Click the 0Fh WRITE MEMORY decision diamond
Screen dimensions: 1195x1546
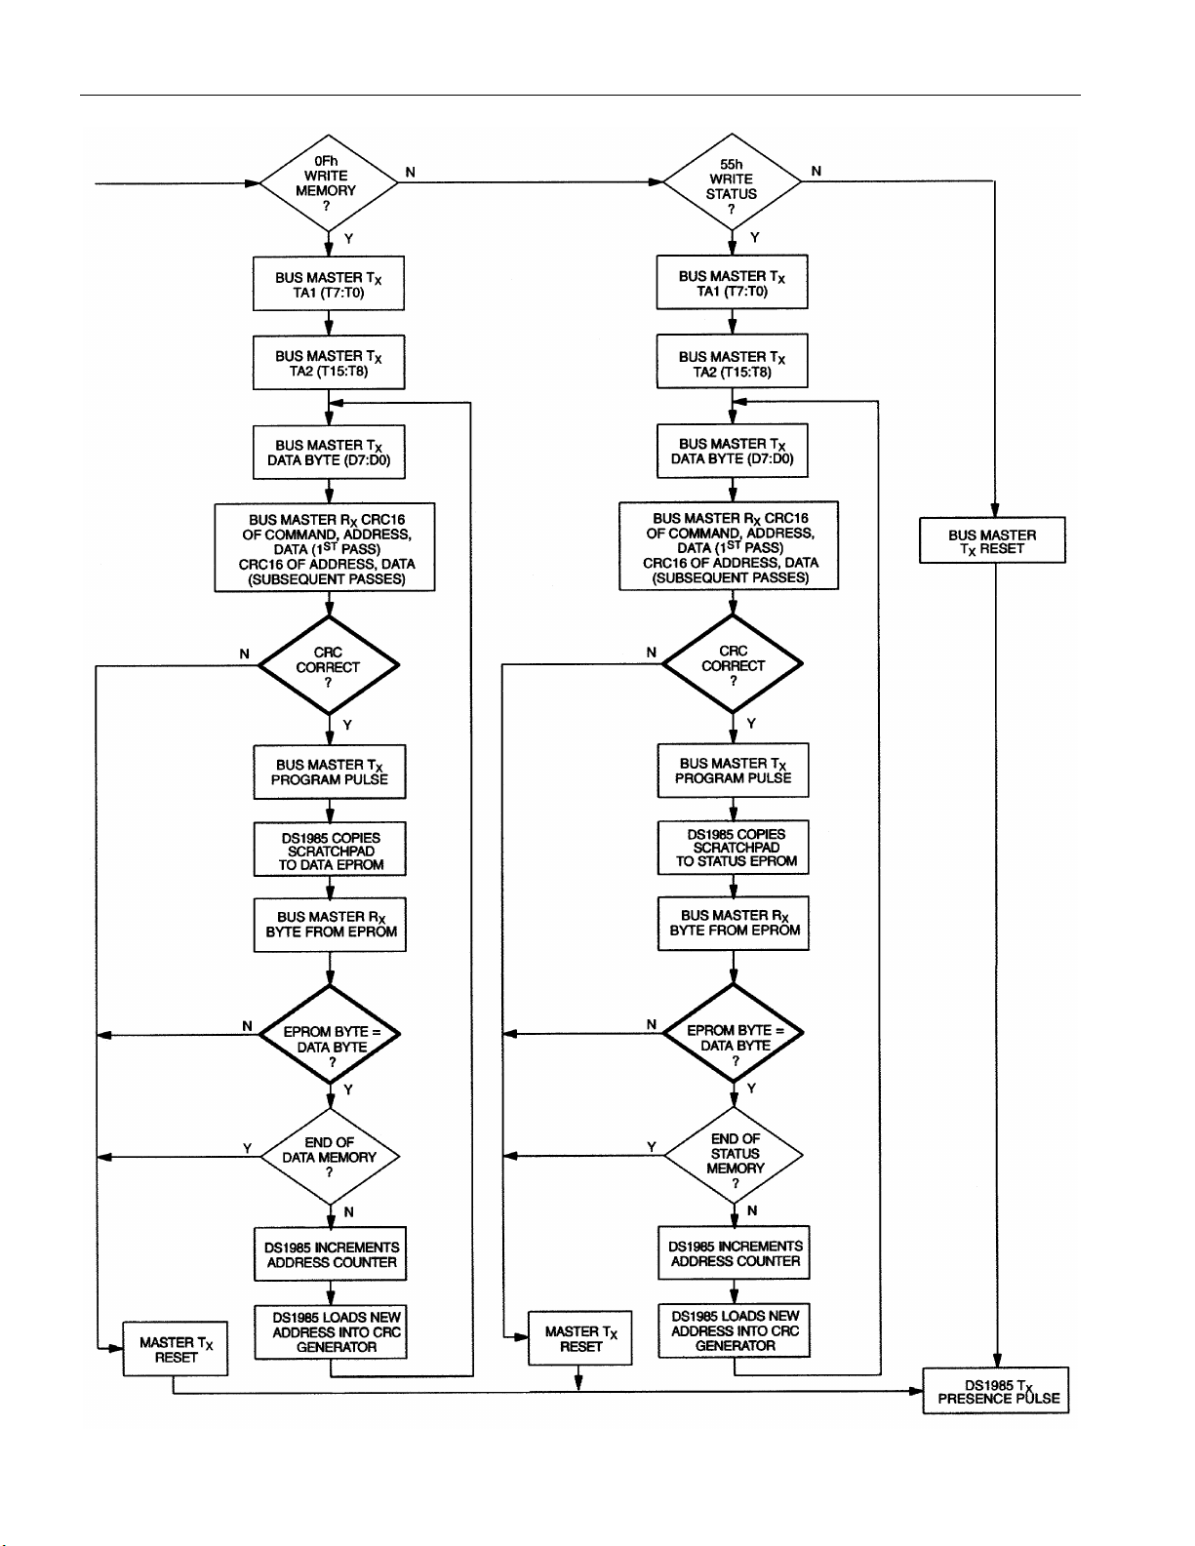pos(328,182)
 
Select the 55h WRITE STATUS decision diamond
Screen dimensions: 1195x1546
pos(732,181)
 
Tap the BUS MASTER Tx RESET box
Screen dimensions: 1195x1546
pos(992,540)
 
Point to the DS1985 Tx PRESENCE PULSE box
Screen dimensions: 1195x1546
pos(996,1390)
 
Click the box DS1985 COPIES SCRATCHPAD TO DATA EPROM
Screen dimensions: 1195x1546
pos(330,849)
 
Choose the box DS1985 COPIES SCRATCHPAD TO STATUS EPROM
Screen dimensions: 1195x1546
pos(734,848)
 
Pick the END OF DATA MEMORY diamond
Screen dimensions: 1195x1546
pos(330,1156)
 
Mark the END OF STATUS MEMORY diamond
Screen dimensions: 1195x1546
pos(734,1155)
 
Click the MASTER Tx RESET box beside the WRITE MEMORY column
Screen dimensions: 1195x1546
pos(176,1349)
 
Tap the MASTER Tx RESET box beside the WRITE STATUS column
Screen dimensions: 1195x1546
pos(580,1338)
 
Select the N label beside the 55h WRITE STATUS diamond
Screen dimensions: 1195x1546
pos(816,171)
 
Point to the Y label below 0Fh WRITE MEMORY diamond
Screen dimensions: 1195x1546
pos(348,238)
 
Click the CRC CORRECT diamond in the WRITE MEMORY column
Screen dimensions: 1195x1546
pos(329,665)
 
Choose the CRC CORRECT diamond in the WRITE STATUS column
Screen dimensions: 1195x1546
pos(733,664)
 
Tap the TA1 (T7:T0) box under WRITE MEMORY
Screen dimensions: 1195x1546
pos(329,283)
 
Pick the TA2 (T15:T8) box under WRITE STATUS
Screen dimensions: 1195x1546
pos(732,361)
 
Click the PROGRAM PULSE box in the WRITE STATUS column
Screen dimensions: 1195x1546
pos(734,771)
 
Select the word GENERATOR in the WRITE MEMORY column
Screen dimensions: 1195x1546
pos(337,1347)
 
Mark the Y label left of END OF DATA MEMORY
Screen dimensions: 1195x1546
pos(247,1148)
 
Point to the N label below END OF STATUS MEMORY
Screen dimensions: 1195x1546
pos(752,1210)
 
